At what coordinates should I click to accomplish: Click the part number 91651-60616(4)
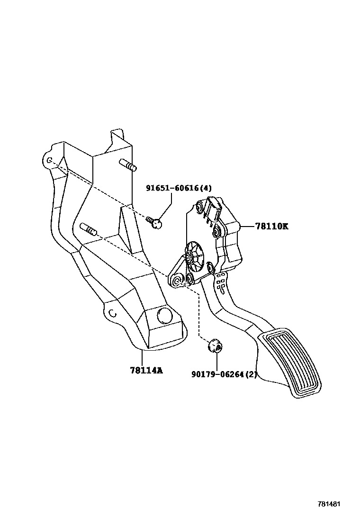pos(179,188)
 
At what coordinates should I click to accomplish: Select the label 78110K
pos(271,227)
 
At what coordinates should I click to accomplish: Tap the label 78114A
pos(146,370)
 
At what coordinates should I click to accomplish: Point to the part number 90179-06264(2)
pos(224,374)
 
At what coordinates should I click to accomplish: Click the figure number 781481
pos(329,505)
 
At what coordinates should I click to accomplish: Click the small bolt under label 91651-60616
pos(153,221)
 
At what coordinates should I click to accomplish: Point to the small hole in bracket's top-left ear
pos(49,160)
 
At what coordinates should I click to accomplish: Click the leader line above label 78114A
pos(142,356)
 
